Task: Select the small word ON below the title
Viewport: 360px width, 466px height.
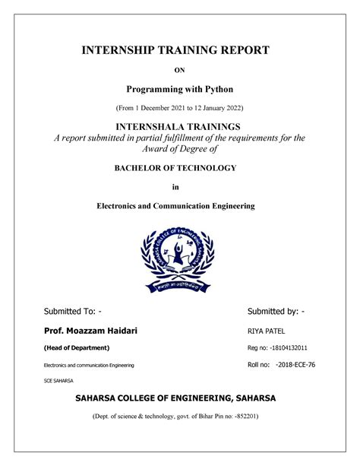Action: click(180, 71)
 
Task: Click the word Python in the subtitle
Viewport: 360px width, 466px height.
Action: click(215, 90)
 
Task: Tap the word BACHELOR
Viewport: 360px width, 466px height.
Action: click(141, 168)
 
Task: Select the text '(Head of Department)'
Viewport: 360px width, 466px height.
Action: click(77, 347)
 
